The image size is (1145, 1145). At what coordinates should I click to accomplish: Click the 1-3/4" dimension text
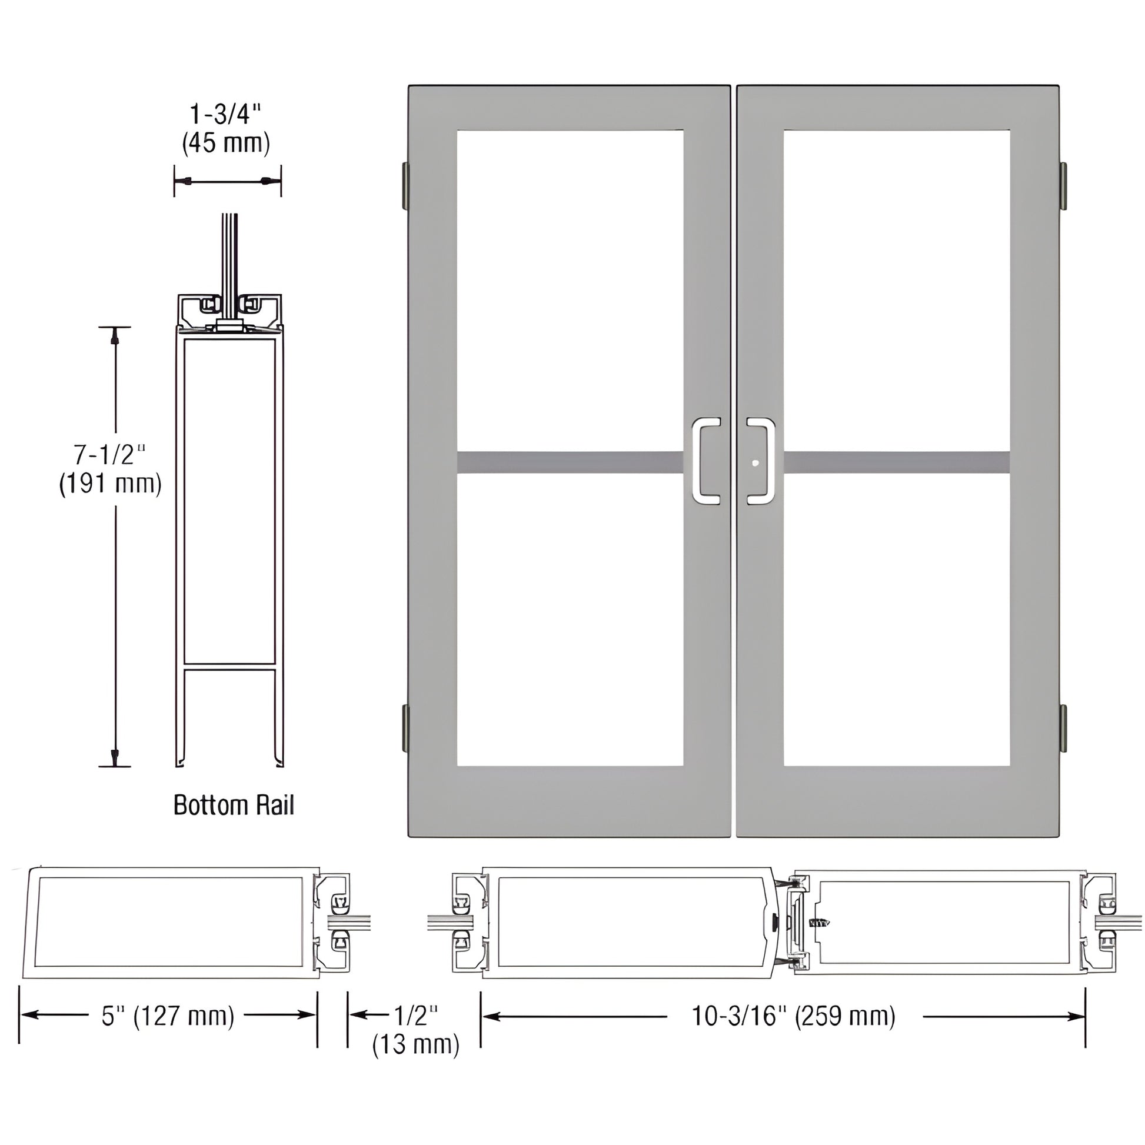225,114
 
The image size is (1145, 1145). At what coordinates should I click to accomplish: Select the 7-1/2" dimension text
109,455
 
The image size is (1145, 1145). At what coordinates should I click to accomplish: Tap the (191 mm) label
110,484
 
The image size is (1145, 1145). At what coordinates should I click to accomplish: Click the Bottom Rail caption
234,806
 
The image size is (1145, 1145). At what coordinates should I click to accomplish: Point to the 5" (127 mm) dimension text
168,1016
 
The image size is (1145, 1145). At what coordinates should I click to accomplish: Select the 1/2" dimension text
416,1015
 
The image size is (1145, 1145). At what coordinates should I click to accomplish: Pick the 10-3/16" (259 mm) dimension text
794,1016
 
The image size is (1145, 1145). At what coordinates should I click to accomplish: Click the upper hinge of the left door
405,186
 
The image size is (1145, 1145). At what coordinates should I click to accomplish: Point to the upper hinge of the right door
1063,186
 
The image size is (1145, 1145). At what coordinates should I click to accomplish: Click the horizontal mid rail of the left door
570,463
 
